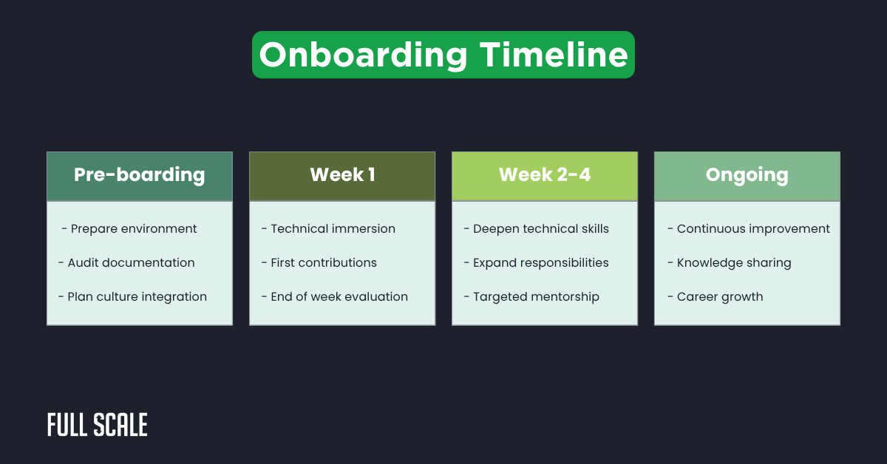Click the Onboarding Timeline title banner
coord(443,55)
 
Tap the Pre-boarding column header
coord(140,176)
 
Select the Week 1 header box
coord(342,176)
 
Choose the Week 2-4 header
coord(545,176)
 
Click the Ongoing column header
coord(747,176)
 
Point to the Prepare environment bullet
coord(129,229)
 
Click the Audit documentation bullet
coord(126,263)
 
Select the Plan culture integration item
coord(132,297)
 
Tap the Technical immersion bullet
coord(328,229)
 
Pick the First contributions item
coord(319,263)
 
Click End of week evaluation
coord(334,297)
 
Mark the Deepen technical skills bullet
coord(537,229)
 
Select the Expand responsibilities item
coord(537,263)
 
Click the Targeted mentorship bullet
coord(531,297)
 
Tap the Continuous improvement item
coord(748,229)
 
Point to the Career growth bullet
coord(715,297)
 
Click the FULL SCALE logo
coord(98,426)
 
